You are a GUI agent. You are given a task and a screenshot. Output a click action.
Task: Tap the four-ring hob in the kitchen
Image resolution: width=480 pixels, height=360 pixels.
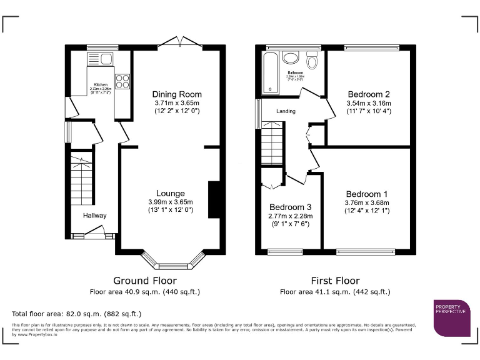(x=122, y=81)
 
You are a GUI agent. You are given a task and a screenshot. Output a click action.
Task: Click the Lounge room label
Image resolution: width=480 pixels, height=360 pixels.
(x=170, y=193)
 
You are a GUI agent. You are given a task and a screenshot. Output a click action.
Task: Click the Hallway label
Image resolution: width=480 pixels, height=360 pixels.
(x=95, y=216)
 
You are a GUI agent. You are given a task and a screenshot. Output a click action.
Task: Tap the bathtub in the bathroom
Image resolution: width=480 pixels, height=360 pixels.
(x=269, y=72)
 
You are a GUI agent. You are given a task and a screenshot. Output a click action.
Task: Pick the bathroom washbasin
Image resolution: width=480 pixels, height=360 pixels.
(x=291, y=58)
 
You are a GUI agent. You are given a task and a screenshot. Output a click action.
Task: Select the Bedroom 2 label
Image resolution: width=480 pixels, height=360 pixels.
(x=368, y=94)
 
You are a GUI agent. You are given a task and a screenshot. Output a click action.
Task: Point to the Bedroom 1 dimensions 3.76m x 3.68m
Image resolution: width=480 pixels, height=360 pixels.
(x=367, y=202)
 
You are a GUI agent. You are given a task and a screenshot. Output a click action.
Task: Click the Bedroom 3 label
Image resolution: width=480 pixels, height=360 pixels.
(x=290, y=207)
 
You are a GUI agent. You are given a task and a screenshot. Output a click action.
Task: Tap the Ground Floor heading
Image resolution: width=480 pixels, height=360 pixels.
(x=144, y=281)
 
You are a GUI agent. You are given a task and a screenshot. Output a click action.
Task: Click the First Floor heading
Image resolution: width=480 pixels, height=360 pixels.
(x=335, y=281)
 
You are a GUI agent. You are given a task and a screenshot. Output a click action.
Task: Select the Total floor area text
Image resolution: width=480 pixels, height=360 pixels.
(x=77, y=313)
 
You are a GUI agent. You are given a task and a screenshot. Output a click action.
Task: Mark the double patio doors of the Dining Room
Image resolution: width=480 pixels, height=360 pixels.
(x=179, y=42)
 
